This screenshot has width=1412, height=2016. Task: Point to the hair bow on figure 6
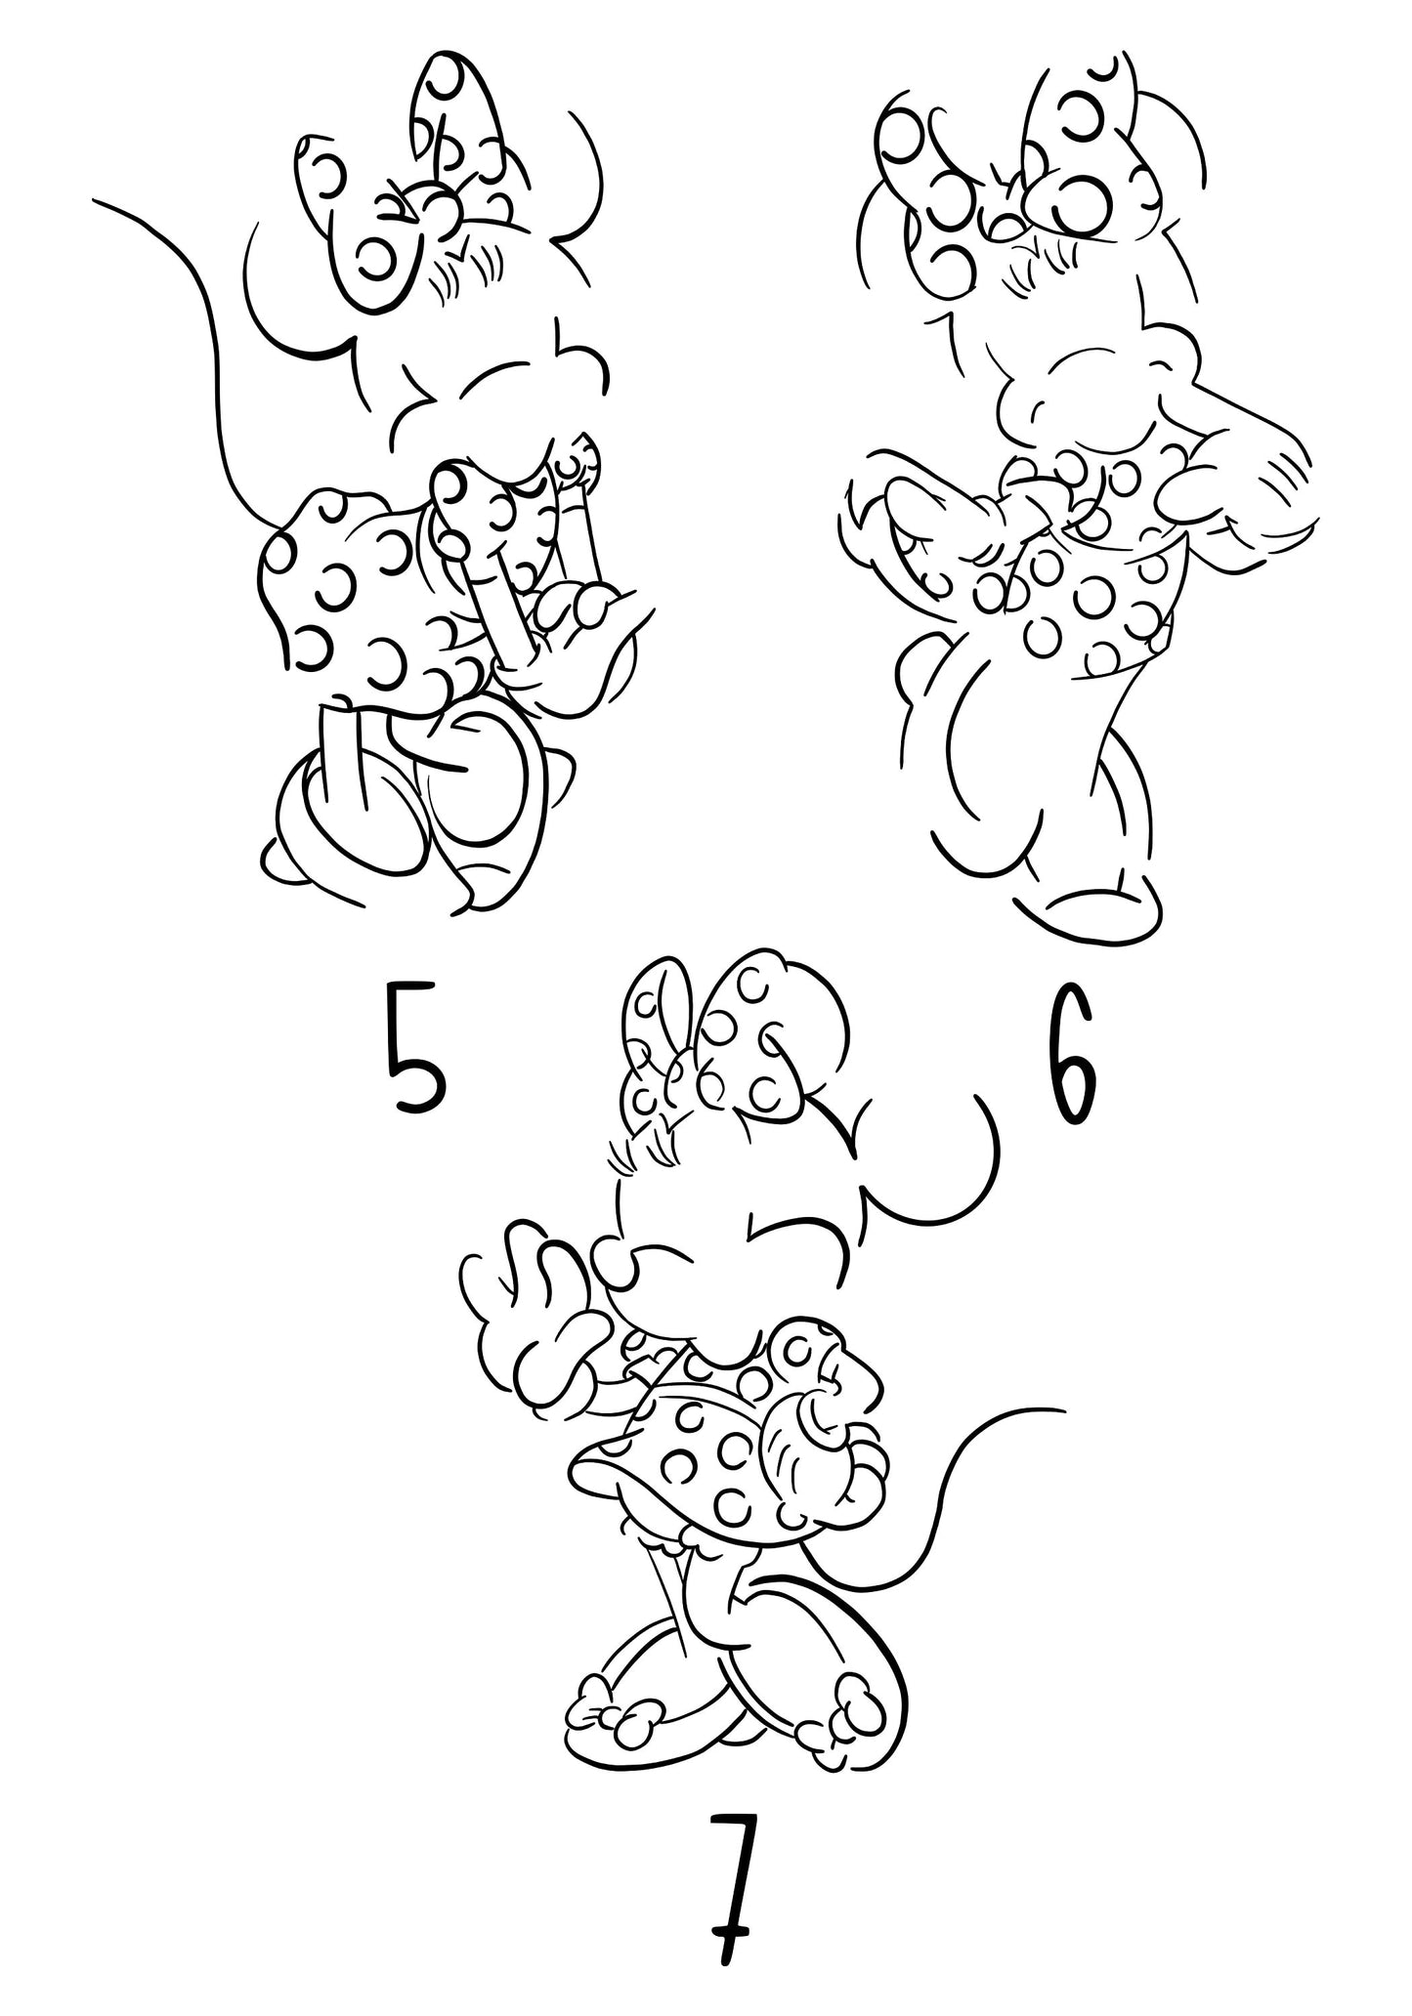pos(1016,166)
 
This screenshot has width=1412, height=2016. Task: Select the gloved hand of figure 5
pos(577,625)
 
